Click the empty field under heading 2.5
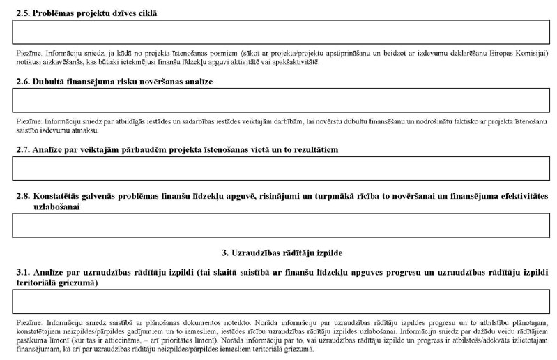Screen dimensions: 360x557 click(280, 32)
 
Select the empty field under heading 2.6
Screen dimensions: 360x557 click(280, 100)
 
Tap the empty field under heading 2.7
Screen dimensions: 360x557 click(280, 168)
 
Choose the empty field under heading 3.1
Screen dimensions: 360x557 click(280, 301)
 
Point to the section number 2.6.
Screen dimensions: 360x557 click(23, 82)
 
